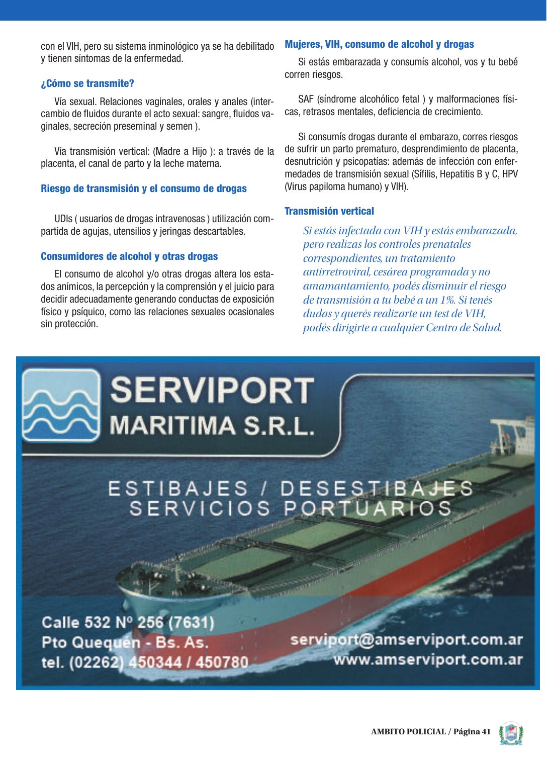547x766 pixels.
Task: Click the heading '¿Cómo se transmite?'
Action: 87,83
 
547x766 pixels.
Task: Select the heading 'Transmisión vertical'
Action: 329,211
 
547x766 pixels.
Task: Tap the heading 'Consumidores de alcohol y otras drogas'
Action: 129,256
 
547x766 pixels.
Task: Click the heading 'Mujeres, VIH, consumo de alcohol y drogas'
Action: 379,44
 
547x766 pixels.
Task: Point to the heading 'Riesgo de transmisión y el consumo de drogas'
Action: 144,188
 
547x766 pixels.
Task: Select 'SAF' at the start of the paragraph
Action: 306,99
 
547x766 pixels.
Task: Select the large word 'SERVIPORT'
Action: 212,391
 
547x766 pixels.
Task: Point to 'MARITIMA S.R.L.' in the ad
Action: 212,425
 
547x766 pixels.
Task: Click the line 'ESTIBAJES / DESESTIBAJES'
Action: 291,489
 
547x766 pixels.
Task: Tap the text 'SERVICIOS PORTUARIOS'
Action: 291,508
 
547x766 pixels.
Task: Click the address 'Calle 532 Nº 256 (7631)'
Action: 128,622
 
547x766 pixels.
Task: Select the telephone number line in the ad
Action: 145,662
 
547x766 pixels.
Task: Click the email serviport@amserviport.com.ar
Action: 406,639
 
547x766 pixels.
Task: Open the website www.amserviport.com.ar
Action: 428,659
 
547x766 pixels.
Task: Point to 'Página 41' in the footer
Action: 472,732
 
